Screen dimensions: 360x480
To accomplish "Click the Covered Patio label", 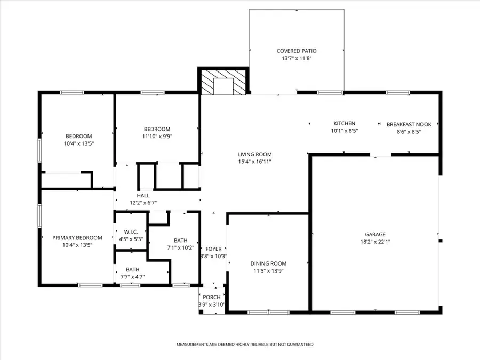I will click(296, 51).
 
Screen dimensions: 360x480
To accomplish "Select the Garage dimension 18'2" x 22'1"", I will click(375, 241).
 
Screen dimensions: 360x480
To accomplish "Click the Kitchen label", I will click(344, 124).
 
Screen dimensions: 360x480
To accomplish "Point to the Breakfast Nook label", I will click(409, 124).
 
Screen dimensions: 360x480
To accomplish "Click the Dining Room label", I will click(268, 263).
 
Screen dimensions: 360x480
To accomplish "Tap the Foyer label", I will click(213, 249).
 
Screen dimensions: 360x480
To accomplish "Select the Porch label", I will click(212, 298).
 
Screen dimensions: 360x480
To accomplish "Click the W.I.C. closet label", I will click(131, 232).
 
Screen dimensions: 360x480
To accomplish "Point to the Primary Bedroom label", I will click(77, 238).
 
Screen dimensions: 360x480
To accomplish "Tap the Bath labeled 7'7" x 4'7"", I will click(132, 270).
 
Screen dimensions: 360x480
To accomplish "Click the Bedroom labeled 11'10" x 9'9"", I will click(157, 129).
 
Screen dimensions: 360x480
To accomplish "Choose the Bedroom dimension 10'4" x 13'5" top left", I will click(79, 143).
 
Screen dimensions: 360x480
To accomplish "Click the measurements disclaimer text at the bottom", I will click(245, 345).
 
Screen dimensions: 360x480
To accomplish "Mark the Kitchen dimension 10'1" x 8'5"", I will click(344, 131).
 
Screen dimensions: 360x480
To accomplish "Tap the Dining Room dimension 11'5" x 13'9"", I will click(268, 271).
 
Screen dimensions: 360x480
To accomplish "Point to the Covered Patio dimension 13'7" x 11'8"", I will click(296, 58).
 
